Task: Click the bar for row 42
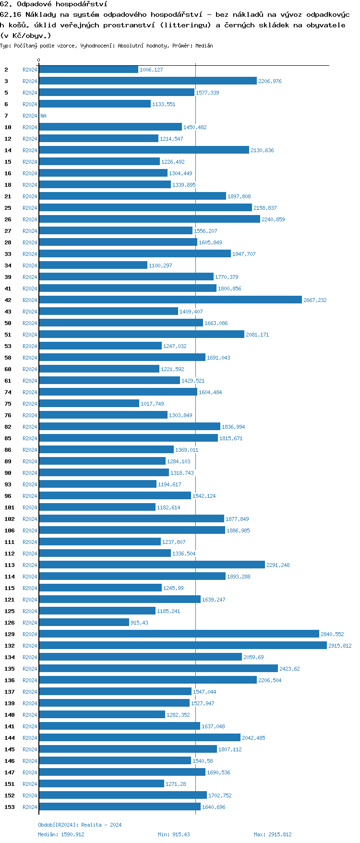[x=170, y=300]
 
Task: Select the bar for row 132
[x=182, y=646]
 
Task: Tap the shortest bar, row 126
[x=84, y=623]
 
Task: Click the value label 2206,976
[x=270, y=81]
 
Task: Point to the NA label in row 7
[x=43, y=116]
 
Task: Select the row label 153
[x=10, y=807]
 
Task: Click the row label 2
[x=6, y=70]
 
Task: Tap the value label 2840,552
[x=332, y=634]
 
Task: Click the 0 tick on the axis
[x=39, y=60]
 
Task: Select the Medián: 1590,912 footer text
[x=61, y=834]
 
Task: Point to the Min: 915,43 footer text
[x=174, y=834]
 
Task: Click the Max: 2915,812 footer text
[x=273, y=834]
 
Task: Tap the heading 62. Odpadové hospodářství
[x=54, y=4]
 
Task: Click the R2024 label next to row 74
[x=30, y=392]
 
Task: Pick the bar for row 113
[x=152, y=565]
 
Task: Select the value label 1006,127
[x=151, y=70]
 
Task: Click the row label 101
[x=10, y=507]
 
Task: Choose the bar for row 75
[x=89, y=404]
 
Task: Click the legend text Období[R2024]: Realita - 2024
[x=80, y=825]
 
